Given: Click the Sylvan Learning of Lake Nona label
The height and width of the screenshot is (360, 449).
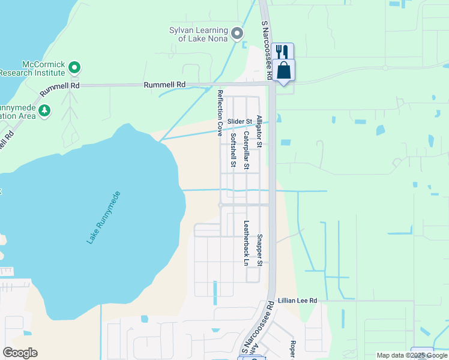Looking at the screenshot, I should pos(198,35).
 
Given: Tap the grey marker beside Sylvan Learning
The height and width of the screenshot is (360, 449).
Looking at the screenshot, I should pos(238,34).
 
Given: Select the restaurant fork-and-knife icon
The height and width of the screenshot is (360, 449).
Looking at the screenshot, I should pos(282,51).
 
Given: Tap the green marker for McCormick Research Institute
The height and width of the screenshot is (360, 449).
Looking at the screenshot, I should pos(74,67).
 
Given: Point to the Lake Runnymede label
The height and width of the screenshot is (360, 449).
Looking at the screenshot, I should pos(104,217).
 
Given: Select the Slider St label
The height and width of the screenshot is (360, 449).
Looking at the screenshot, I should pos(239,122).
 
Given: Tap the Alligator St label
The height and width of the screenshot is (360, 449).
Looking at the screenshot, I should pos(259,131).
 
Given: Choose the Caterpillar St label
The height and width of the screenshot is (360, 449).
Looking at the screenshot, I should pos(246,151).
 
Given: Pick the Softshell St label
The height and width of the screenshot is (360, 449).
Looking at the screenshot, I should pos(233,150).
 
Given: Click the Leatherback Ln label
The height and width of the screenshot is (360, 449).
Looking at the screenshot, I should pos(246,242).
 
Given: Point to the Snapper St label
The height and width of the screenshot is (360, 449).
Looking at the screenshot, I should pos(259,250).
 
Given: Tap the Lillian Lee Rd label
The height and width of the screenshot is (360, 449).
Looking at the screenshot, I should pos(297,300).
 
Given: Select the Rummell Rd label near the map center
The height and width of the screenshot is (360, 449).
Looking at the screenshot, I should pos(164,85).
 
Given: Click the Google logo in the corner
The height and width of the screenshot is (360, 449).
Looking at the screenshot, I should pos(20,353).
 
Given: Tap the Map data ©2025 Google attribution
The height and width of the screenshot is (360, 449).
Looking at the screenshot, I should pos(411,355).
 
